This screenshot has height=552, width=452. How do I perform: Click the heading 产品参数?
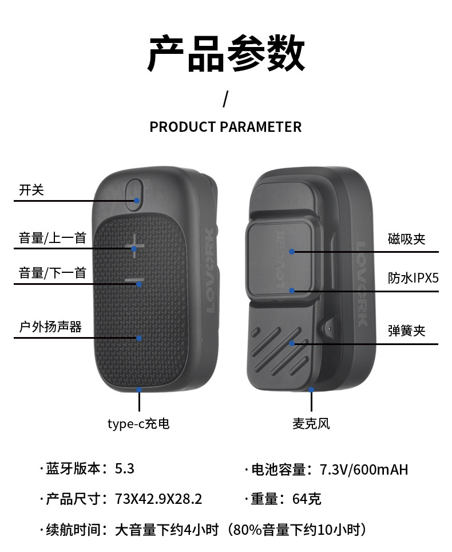click(226, 54)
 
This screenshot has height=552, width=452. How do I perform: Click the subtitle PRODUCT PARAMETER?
click(225, 127)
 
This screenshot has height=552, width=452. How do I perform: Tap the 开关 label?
click(31, 190)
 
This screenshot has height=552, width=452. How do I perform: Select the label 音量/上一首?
click(52, 237)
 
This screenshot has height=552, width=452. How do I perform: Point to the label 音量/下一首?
click(52, 273)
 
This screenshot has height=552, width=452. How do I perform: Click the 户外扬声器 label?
click(50, 327)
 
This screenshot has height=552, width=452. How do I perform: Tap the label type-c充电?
click(138, 424)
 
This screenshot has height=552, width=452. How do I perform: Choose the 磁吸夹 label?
click(407, 239)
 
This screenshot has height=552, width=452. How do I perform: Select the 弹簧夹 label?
click(407, 331)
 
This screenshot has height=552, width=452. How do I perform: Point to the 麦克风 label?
click(311, 424)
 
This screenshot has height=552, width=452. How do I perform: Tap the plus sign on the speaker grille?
click(134, 246)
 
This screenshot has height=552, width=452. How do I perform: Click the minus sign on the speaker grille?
click(134, 281)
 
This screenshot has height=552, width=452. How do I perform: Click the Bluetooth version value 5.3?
click(125, 468)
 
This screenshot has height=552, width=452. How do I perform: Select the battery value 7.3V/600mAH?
click(364, 470)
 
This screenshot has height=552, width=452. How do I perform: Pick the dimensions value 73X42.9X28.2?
click(158, 499)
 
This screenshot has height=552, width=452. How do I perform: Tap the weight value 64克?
click(307, 499)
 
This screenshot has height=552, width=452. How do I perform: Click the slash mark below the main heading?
click(225, 99)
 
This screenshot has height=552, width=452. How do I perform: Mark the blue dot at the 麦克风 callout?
click(312, 389)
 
